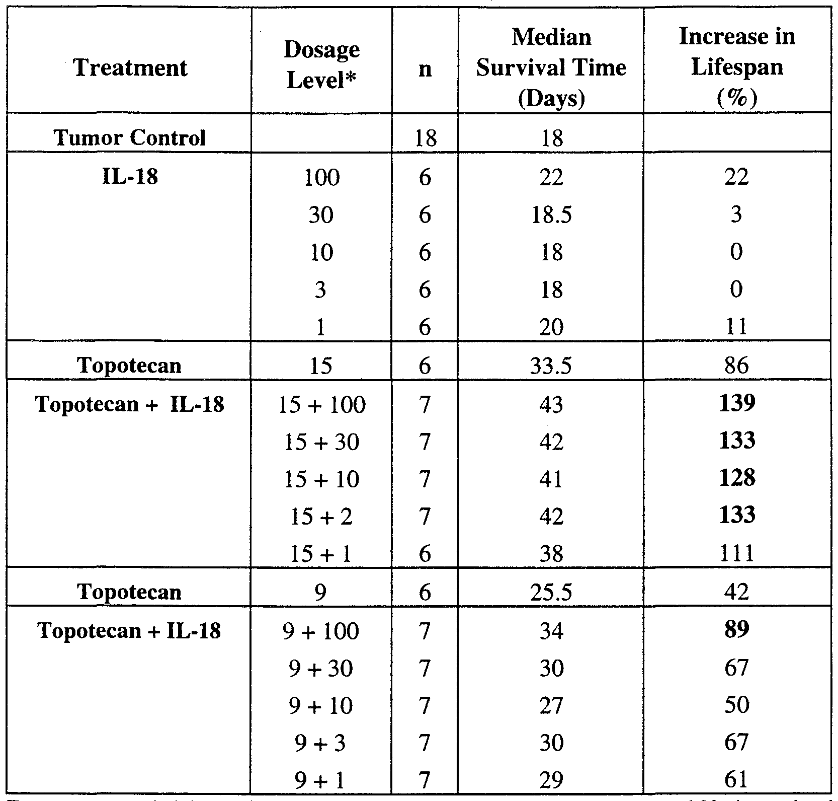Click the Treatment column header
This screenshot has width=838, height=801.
130,67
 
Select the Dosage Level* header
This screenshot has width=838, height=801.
322,65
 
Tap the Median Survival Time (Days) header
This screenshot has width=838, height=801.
551,67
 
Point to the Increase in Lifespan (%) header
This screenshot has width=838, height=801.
737,67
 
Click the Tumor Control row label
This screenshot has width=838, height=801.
130,137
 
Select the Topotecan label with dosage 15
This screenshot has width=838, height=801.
130,365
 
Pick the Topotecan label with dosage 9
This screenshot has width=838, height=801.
130,592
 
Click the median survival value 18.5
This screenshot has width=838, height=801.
551,215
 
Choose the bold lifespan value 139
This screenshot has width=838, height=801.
737,403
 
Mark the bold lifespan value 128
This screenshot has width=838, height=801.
737,478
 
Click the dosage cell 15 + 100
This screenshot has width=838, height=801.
322,404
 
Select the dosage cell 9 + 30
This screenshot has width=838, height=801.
322,669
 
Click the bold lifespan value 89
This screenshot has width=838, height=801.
737,630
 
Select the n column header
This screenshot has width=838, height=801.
425,68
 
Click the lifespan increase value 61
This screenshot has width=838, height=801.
737,780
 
